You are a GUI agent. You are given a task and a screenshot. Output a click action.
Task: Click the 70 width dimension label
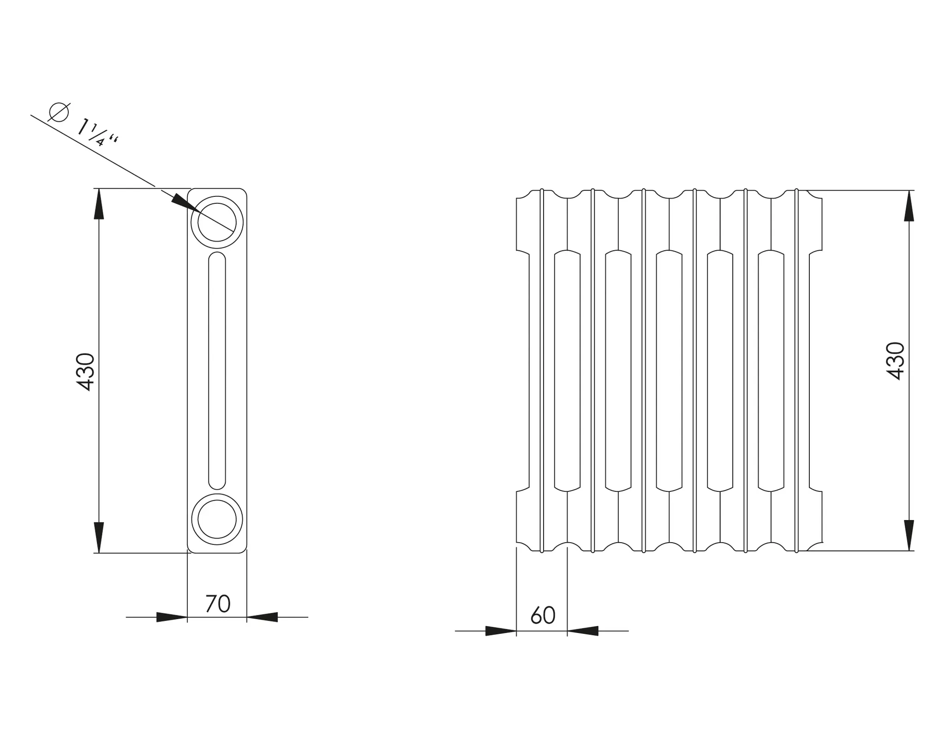point(217,604)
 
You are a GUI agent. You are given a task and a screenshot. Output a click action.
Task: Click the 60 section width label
point(543,615)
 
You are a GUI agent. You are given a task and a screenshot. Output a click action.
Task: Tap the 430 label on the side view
point(85,372)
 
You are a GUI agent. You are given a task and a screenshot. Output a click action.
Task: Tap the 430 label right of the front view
point(896,361)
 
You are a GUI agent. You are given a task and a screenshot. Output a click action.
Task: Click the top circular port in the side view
point(217,222)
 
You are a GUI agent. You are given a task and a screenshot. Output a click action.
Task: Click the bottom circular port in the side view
point(217,519)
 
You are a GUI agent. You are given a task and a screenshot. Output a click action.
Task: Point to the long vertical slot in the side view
point(217,370)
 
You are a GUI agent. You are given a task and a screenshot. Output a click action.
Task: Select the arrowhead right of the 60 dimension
point(583,631)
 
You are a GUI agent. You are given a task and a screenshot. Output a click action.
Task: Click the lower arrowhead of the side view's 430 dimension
point(99,537)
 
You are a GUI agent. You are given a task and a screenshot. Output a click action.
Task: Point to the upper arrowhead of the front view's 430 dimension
point(909,206)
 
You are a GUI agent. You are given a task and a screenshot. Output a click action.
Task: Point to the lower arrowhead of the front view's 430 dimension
point(909,535)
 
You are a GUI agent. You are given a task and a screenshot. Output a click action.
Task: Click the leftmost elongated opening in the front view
point(567,370)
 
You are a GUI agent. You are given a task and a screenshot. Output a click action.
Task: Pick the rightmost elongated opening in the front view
point(771,370)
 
